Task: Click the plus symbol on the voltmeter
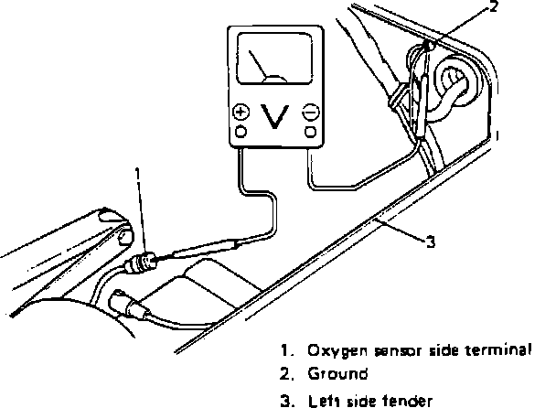241,113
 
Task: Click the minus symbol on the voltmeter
310,113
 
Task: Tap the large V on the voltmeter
275,117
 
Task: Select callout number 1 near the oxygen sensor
138,172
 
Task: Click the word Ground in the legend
337,373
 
